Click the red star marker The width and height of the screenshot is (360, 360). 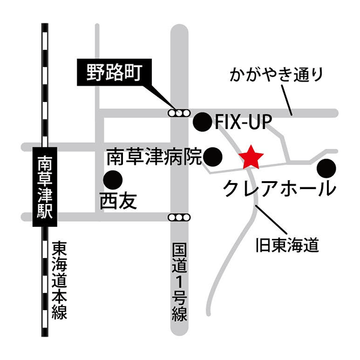pyautogui.click(x=251, y=158)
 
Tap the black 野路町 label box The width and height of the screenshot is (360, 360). pyautogui.click(x=113, y=73)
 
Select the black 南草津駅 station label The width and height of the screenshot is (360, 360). pyautogui.click(x=46, y=187)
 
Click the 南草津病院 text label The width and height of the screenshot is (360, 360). pyautogui.click(x=155, y=157)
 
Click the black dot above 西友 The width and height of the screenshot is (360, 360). pyautogui.click(x=112, y=179)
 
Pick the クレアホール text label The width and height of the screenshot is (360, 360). pyautogui.click(x=279, y=189)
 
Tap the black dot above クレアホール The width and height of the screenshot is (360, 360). pyautogui.click(x=326, y=166)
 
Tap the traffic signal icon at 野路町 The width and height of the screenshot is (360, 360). pyautogui.click(x=179, y=112)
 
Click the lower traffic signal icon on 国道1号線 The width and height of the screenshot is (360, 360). pyautogui.click(x=179, y=217)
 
